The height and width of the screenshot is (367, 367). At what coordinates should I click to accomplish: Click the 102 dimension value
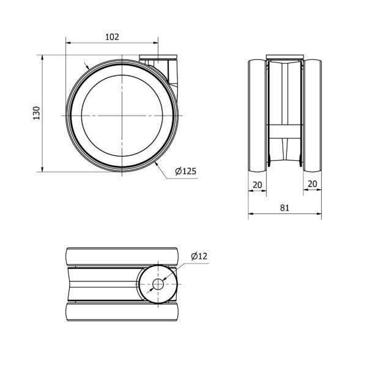(112, 37)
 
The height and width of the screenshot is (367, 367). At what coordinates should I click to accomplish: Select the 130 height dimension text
(37, 113)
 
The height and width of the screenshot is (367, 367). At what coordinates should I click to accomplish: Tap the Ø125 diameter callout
(185, 171)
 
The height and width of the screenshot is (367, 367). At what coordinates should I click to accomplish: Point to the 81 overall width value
(284, 207)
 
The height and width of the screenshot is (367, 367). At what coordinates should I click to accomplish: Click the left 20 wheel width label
(258, 185)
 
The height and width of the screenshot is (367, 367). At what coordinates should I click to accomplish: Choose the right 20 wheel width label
(312, 184)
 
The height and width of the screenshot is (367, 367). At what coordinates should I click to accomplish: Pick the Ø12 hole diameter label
(199, 256)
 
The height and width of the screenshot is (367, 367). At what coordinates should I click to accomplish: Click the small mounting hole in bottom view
(158, 284)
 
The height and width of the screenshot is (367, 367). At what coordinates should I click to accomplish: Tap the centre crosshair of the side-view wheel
(122, 116)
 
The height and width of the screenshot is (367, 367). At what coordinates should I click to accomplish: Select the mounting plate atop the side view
(158, 57)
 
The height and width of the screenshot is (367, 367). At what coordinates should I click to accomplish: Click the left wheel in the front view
(258, 116)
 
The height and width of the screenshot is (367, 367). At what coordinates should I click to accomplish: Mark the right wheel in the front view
(312, 116)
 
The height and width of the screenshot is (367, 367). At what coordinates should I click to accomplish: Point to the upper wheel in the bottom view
(122, 257)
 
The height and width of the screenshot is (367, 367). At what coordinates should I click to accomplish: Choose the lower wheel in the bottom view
(122, 311)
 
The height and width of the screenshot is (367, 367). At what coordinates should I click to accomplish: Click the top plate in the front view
(285, 57)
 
